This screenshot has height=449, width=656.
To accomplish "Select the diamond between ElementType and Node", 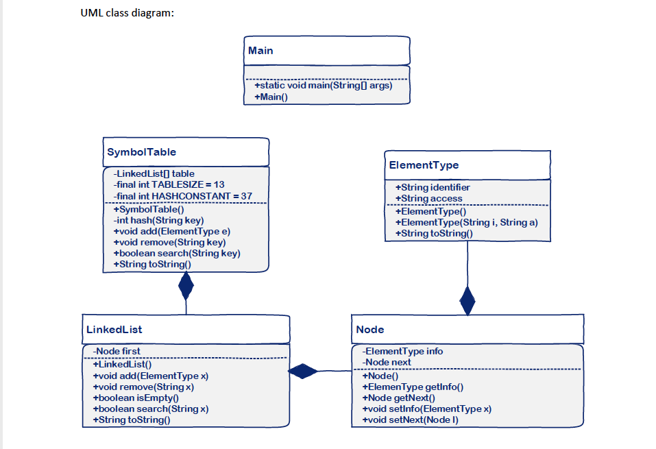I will click(x=467, y=300).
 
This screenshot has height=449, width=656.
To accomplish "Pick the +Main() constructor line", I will click(x=271, y=97).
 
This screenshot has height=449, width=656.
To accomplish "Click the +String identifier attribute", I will click(x=433, y=187).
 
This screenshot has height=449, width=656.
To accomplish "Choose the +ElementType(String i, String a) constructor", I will click(x=466, y=222).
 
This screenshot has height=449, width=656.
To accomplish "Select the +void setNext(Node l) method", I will click(x=410, y=420).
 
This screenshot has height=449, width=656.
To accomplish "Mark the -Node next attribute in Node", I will click(x=387, y=362).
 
